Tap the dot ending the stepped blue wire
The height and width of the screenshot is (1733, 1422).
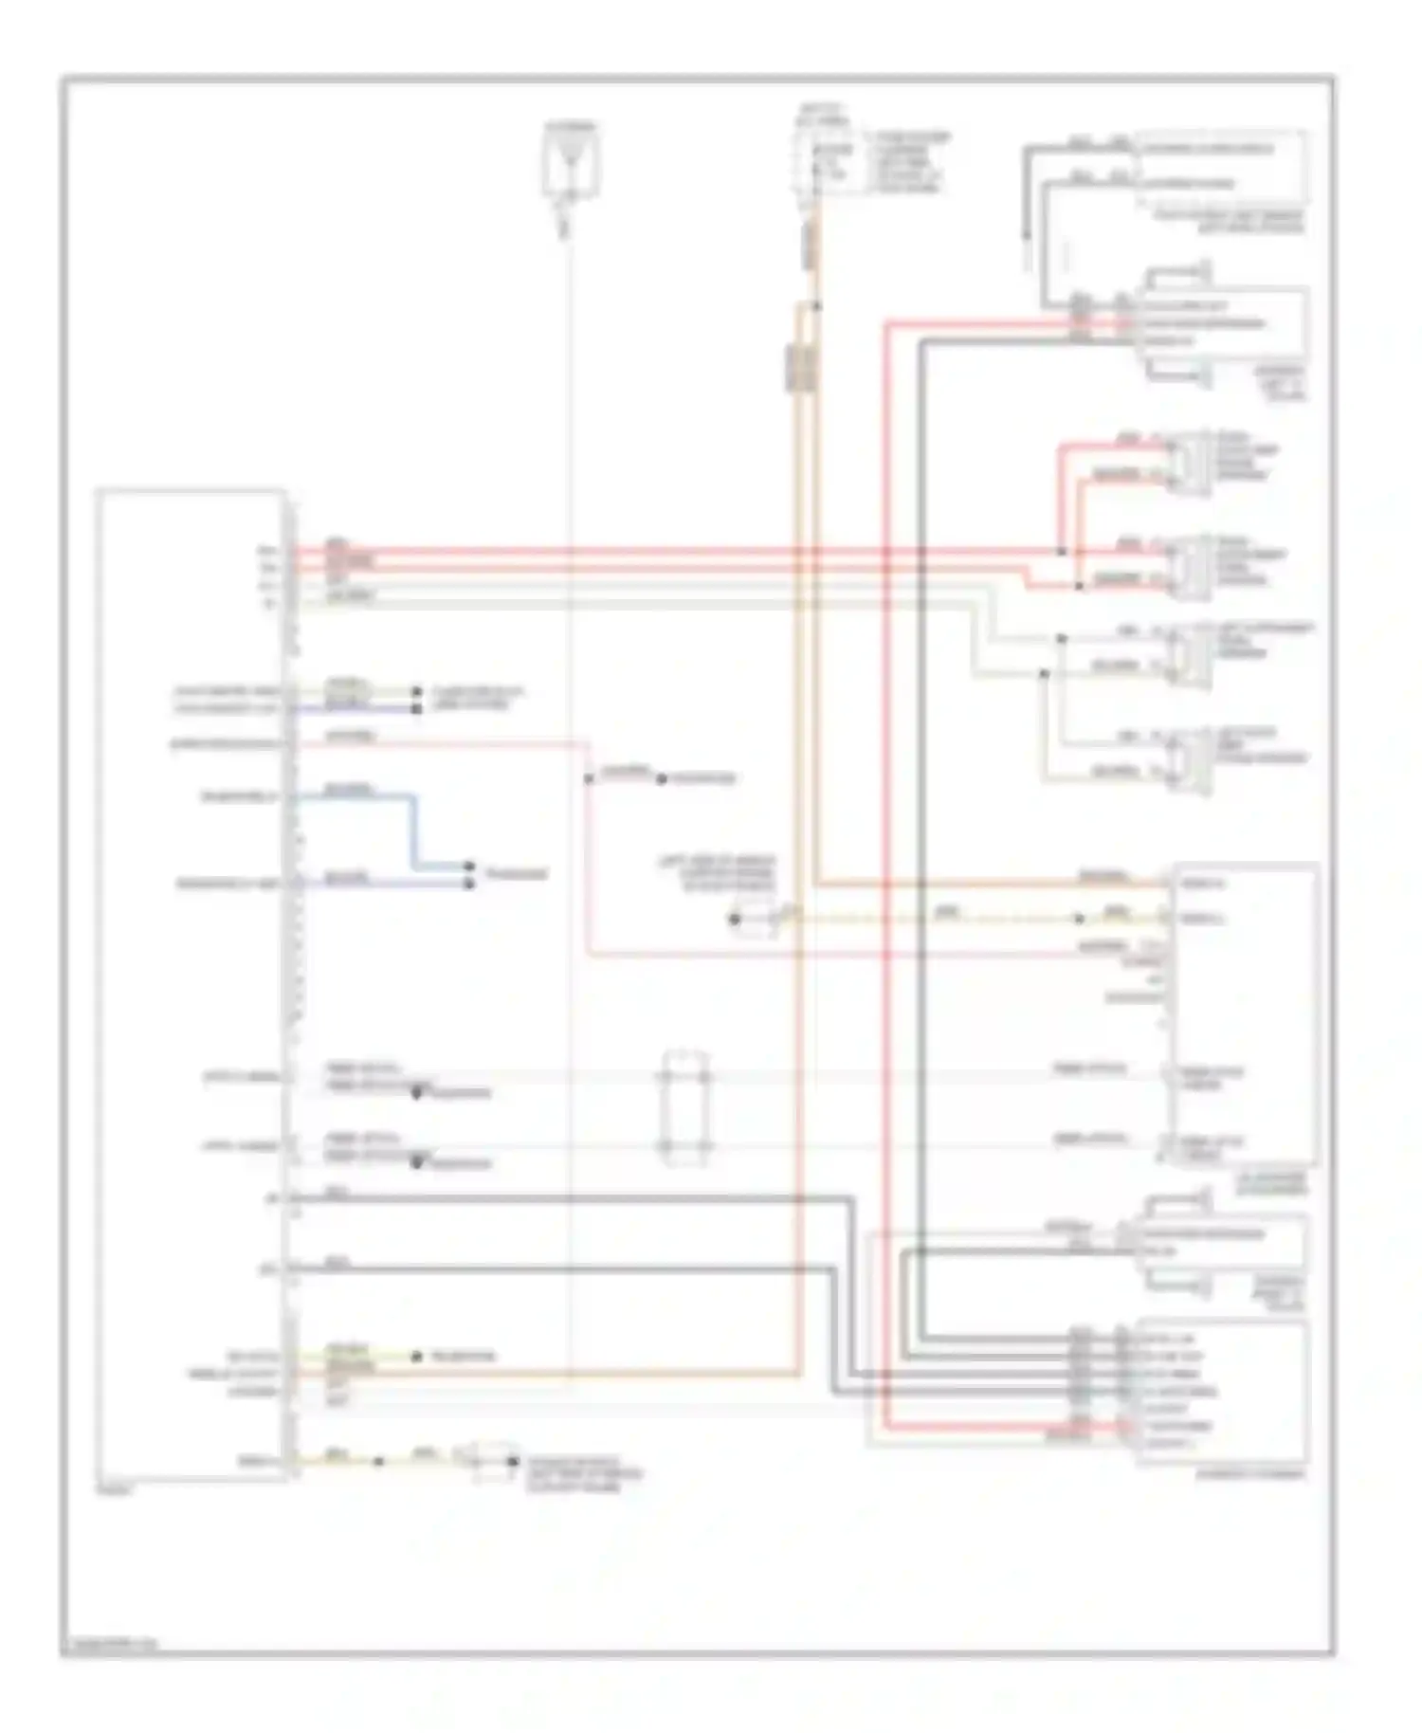click(x=469, y=866)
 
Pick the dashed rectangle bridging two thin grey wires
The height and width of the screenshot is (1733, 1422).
click(x=685, y=1106)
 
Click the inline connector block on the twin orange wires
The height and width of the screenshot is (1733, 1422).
click(x=799, y=368)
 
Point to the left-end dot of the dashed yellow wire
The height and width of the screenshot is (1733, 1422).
click(x=734, y=919)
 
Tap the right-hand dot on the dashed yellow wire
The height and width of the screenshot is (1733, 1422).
click(x=1079, y=919)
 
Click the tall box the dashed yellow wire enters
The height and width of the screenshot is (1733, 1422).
click(x=1245, y=1014)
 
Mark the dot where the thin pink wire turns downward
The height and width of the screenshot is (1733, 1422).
click(x=588, y=779)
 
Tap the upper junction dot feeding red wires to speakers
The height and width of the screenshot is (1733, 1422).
click(x=1061, y=551)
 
